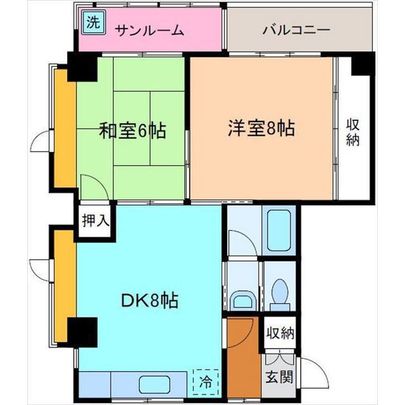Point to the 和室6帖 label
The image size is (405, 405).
coord(132,131)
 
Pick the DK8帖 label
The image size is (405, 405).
coord(149,300)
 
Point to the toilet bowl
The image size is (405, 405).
coord(278,292)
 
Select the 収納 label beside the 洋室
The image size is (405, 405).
coord(352,132)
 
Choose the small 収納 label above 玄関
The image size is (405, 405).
coord(279,333)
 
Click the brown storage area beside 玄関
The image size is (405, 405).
coord(242,354)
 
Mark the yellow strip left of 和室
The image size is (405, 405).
coord(63,128)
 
